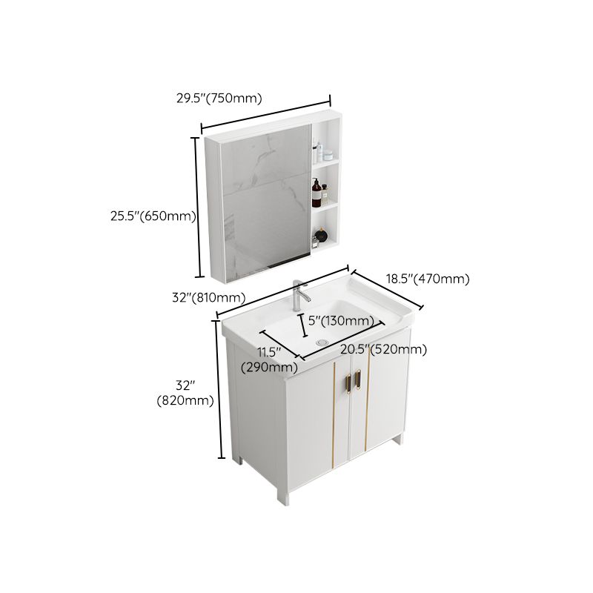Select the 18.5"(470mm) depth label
coord(428,279)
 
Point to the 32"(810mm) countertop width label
coord(208,298)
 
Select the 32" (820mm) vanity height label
coord(185,393)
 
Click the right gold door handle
coord(360,377)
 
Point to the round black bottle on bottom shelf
coord(319,239)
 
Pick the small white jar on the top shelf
coord(326,156)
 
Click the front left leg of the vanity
coord(281,495)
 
